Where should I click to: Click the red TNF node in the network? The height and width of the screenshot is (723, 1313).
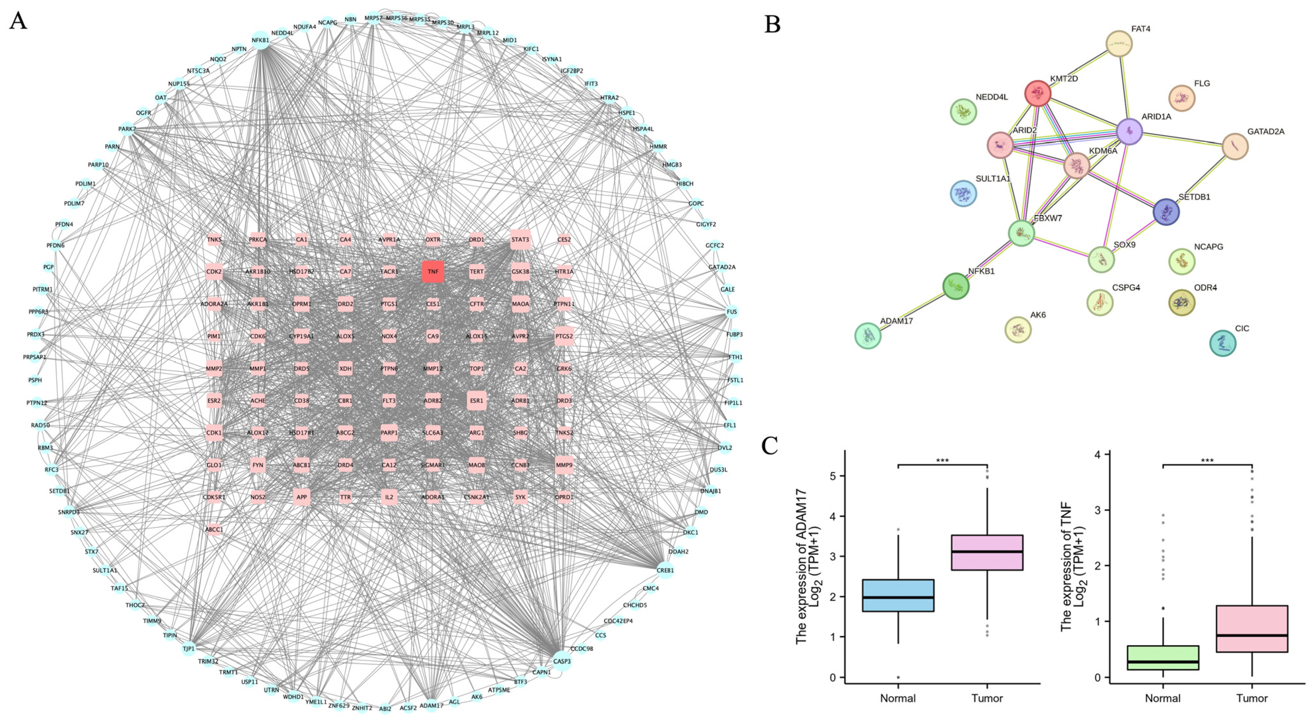(x=433, y=271)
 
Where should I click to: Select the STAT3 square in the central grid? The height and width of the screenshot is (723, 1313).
(x=520, y=240)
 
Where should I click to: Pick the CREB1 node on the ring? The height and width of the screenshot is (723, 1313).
(x=665, y=570)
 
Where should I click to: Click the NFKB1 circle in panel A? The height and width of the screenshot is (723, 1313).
(x=260, y=40)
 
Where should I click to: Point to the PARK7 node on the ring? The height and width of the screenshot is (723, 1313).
(x=127, y=129)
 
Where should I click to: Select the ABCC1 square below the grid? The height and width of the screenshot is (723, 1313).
(x=214, y=529)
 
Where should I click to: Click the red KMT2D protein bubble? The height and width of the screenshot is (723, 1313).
(x=1037, y=94)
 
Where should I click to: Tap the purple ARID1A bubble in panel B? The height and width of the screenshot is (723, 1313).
(x=1129, y=131)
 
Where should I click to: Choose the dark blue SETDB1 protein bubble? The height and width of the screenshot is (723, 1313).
(x=1166, y=212)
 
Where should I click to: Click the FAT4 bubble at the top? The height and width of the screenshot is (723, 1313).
(x=1119, y=44)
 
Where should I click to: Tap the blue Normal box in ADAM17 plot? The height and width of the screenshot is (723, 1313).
(x=898, y=595)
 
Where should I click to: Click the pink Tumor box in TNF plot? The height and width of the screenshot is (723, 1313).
(x=1252, y=628)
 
